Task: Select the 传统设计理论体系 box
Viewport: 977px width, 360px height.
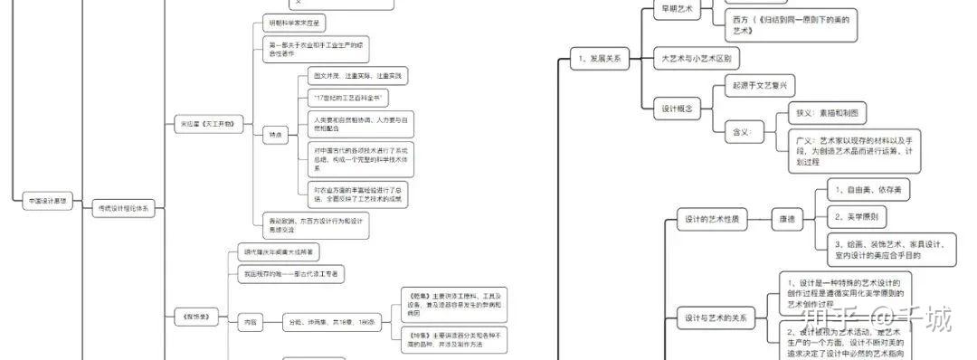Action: coord(125,208)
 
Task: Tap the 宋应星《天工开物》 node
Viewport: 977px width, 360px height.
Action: coord(209,122)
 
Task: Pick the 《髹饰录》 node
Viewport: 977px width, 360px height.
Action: coord(196,317)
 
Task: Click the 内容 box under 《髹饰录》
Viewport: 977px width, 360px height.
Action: coord(249,321)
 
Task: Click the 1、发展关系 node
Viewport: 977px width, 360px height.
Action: coord(599,59)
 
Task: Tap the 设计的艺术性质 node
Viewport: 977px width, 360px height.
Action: coord(713,218)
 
